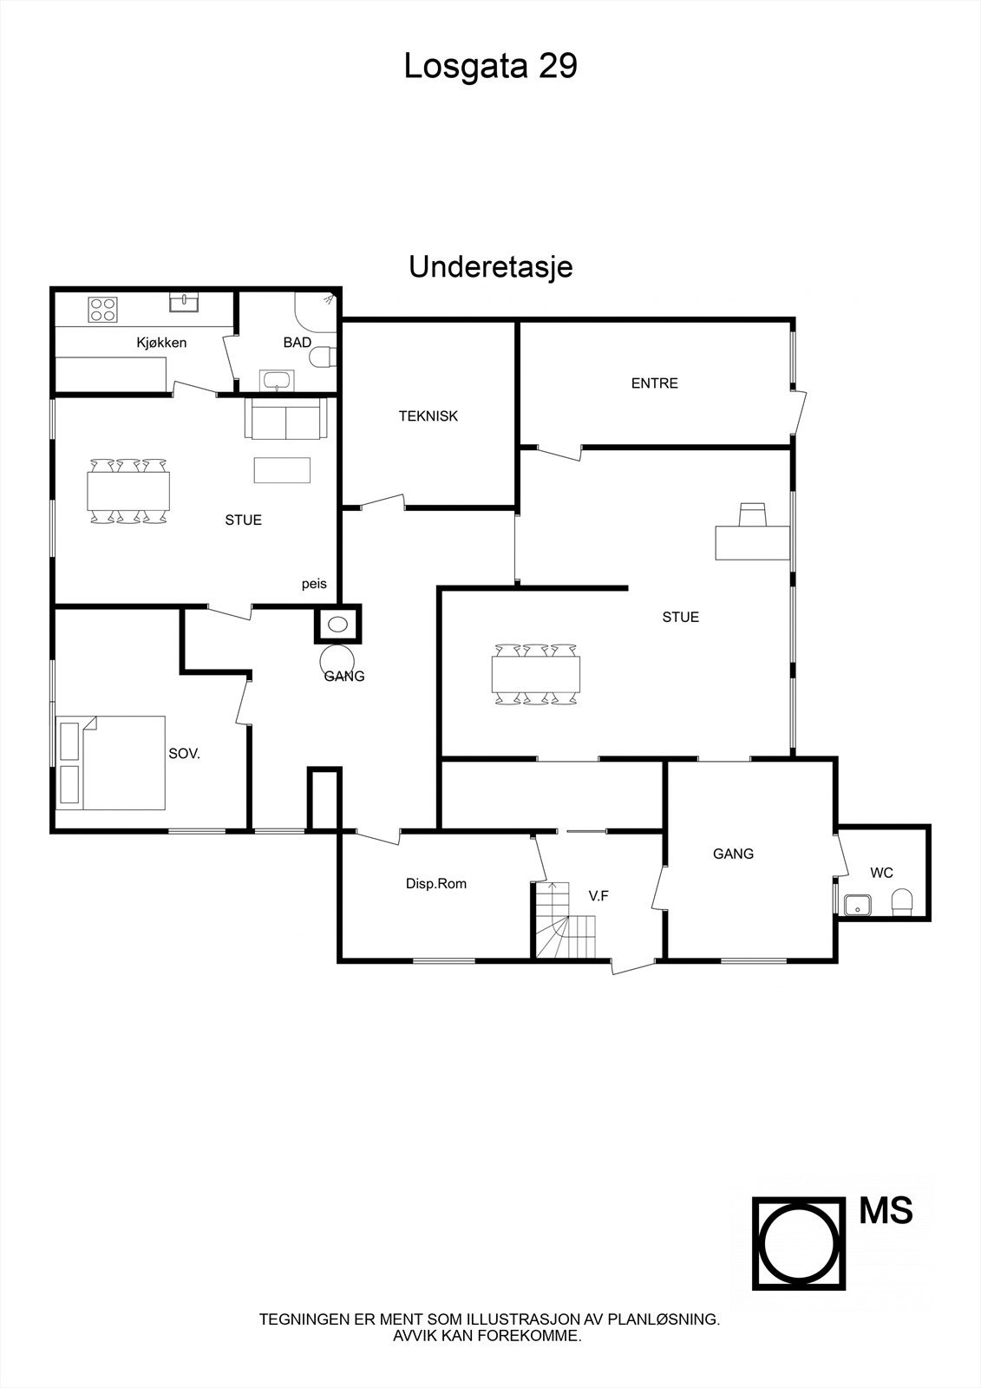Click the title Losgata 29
point(490,66)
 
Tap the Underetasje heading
point(490,267)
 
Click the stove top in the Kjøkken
point(103,310)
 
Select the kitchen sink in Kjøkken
point(185,302)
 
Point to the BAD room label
point(297,343)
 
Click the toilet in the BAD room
point(324,357)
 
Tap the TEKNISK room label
point(428,416)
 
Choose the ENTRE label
point(654,383)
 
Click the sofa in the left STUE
point(285,418)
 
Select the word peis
point(314,584)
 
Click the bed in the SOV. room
point(111,763)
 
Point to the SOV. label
point(184,754)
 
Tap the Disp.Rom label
point(435,884)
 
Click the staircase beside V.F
point(565,924)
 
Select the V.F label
point(598,896)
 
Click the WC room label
point(881,873)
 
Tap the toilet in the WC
point(902,901)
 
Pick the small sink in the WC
point(858,905)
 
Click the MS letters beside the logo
point(886,1211)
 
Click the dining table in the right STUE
point(536,673)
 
